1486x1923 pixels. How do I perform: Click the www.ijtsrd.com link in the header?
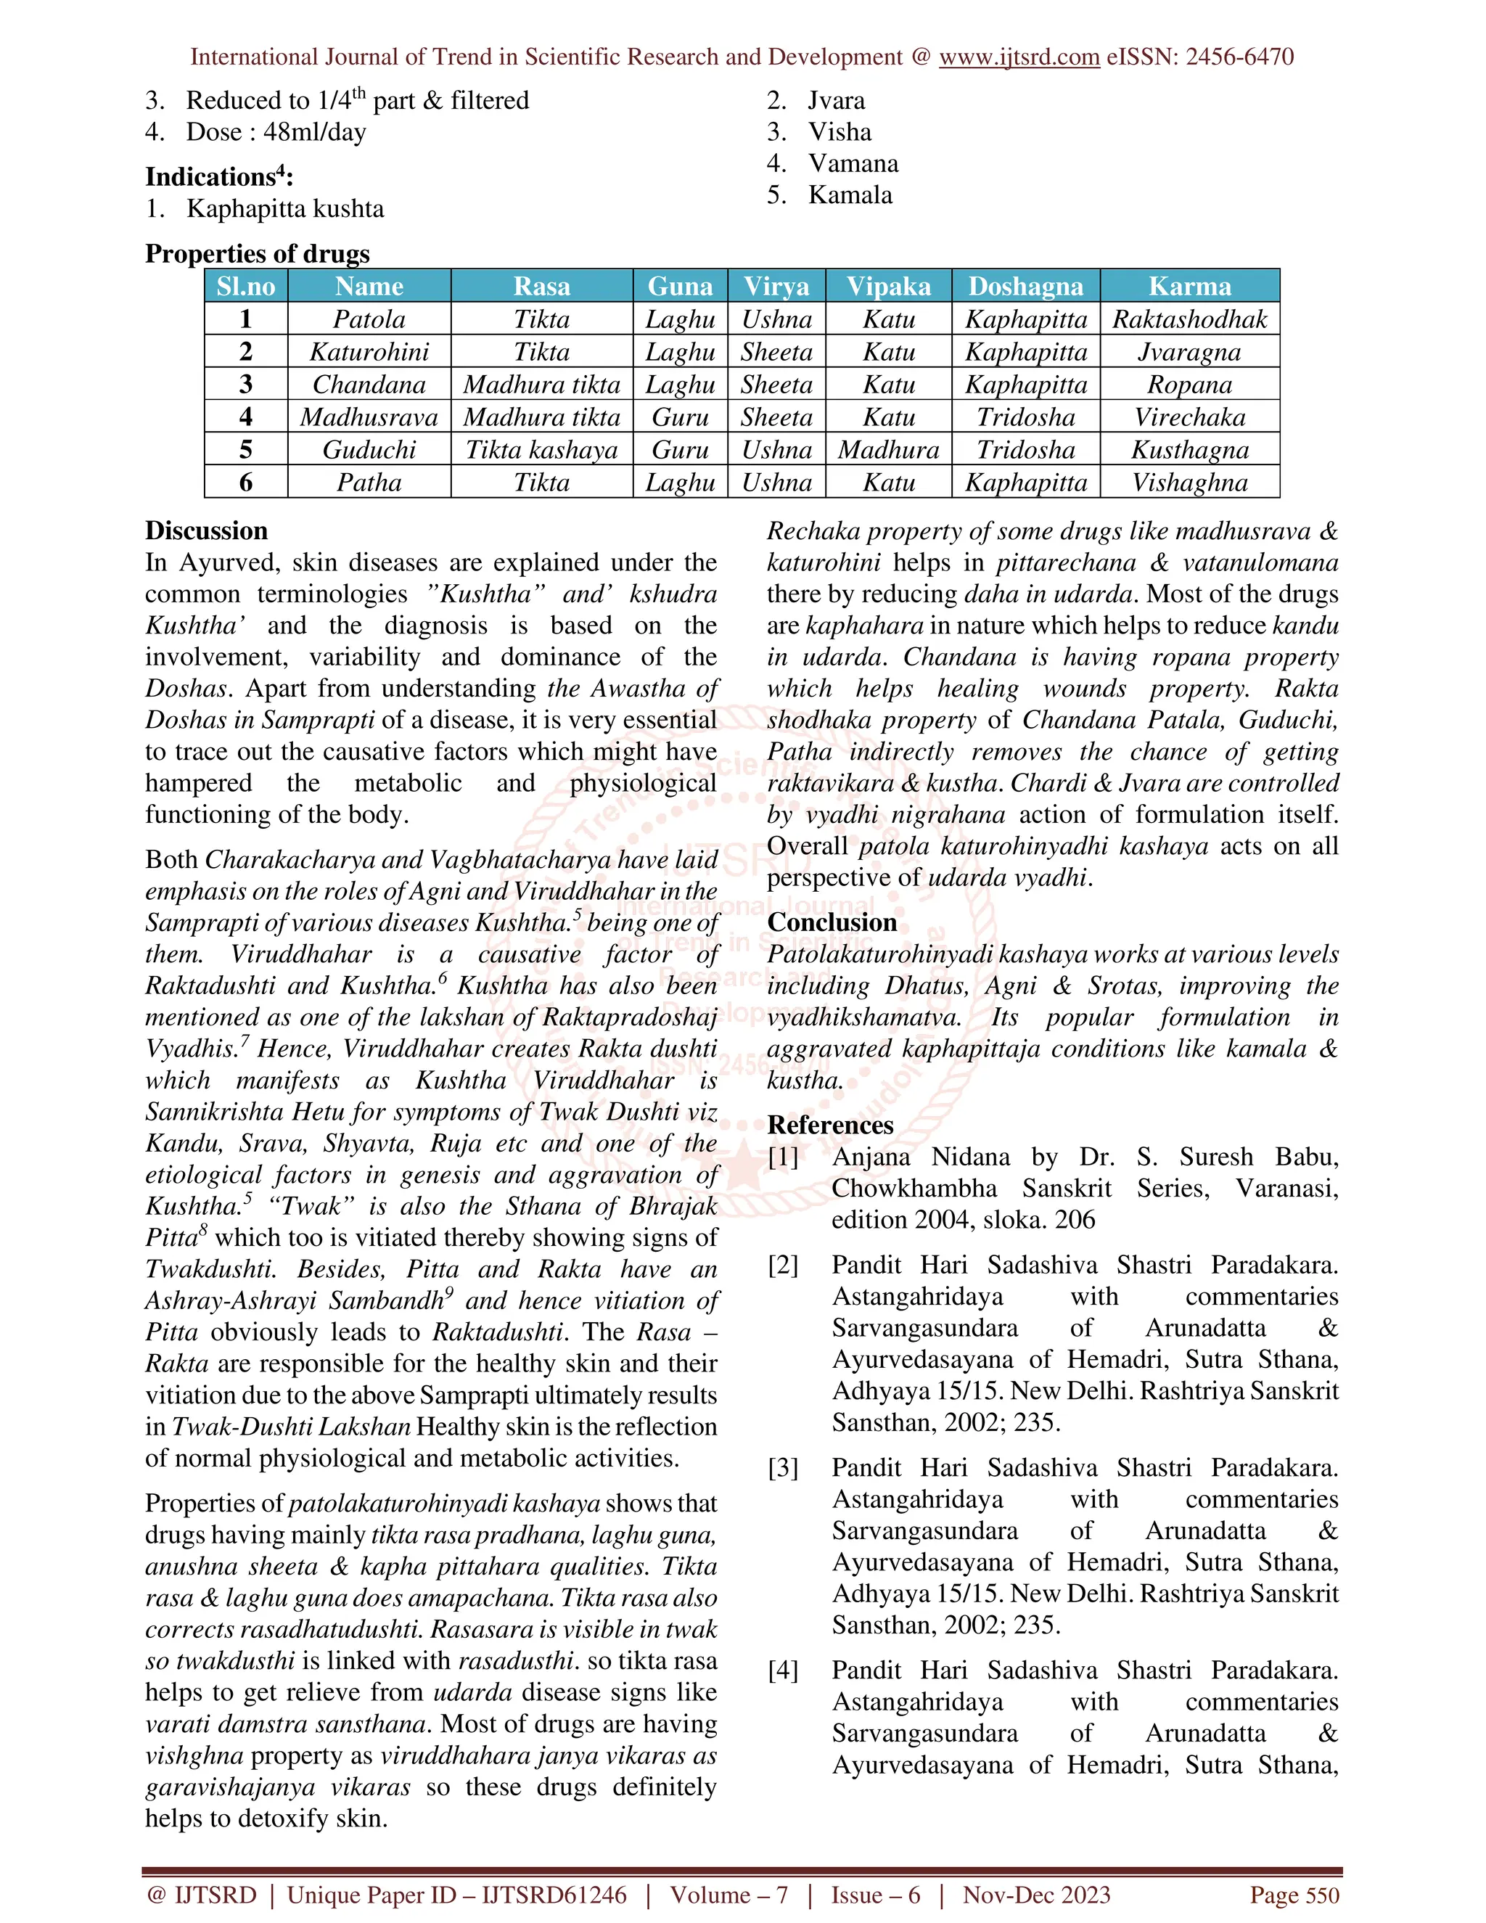[x=1019, y=57]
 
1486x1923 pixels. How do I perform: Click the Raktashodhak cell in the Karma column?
[x=1189, y=319]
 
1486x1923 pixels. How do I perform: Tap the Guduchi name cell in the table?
[x=369, y=450]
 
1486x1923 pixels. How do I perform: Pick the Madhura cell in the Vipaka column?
[x=888, y=450]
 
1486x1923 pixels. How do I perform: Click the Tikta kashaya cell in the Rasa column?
[x=541, y=450]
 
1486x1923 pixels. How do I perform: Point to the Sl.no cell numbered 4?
[x=246, y=417]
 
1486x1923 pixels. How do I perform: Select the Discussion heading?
[x=206, y=531]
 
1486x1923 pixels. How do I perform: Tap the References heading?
[x=830, y=1125]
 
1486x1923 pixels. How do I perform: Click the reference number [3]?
[x=783, y=1468]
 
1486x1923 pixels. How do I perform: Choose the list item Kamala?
[x=850, y=195]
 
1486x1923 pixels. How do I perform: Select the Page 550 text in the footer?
[x=1294, y=1895]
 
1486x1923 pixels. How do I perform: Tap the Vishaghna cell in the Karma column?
[x=1189, y=483]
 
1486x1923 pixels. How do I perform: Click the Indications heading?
[x=218, y=177]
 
